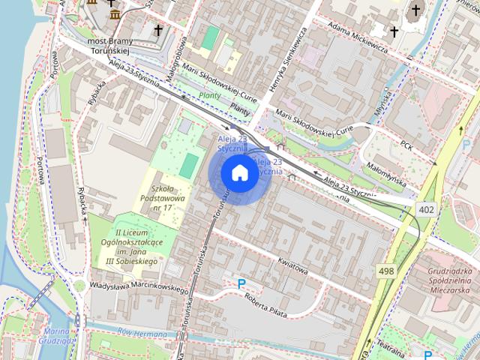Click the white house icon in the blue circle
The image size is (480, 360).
click(238, 173)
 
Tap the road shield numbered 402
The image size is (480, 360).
click(426, 209)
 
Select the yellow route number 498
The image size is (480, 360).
click(387, 271)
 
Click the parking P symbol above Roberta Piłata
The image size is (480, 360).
click(241, 283)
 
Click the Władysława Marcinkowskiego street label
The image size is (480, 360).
click(138, 286)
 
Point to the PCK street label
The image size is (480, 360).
click(407, 144)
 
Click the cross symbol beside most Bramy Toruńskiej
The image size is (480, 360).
click(157, 31)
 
